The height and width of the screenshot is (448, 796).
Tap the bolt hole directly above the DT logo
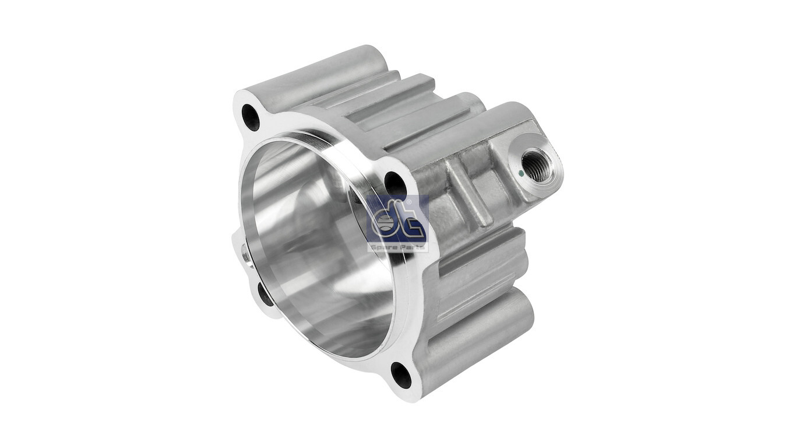pos(396,185)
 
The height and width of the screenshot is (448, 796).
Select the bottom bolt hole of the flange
pos(401,374)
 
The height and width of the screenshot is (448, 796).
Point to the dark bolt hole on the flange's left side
pos(265,294)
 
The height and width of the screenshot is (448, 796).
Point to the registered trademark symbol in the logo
pos(409,202)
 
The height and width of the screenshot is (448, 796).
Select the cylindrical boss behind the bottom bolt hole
pos(478,338)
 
